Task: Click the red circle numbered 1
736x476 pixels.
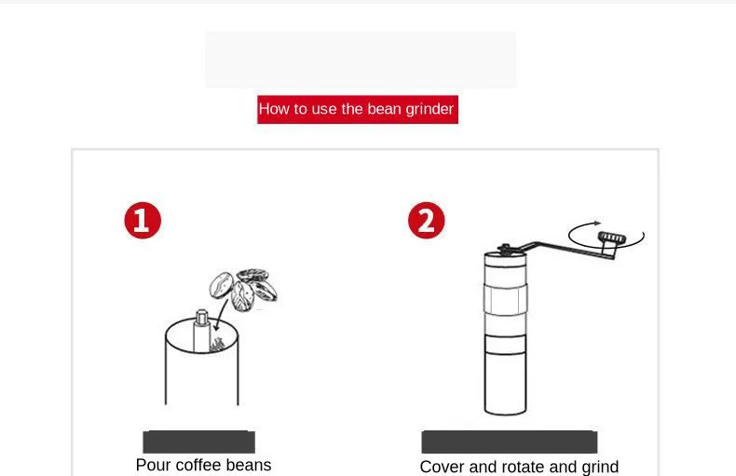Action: pyautogui.click(x=143, y=220)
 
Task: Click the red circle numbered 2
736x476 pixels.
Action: pyautogui.click(x=426, y=220)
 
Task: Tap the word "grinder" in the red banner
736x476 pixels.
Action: pyautogui.click(x=429, y=109)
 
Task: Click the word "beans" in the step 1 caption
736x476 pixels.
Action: pyautogui.click(x=249, y=465)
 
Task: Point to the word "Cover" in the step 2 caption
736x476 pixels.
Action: pyautogui.click(x=443, y=467)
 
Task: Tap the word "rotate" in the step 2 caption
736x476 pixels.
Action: pyautogui.click(x=524, y=467)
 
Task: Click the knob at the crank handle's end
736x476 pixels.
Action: pyautogui.click(x=611, y=238)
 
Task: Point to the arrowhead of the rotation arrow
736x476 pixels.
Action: pyautogui.click(x=597, y=223)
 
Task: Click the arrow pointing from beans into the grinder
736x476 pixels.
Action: pyautogui.click(x=221, y=315)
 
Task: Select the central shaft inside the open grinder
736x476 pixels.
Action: pyautogui.click(x=201, y=330)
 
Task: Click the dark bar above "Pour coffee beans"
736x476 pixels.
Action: pyautogui.click(x=199, y=442)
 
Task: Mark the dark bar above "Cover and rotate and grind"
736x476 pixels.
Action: pyautogui.click(x=510, y=442)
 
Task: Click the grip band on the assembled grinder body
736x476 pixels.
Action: pyautogui.click(x=505, y=299)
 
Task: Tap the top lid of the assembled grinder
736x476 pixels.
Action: pyautogui.click(x=505, y=259)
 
